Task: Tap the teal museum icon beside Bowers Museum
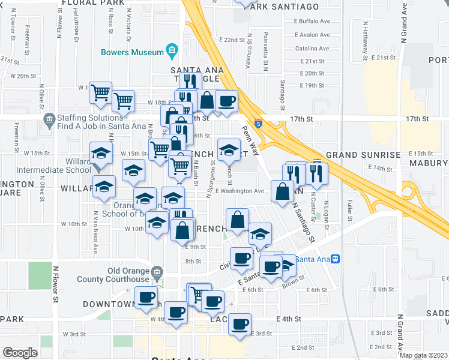(172, 49)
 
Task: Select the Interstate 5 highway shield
(258, 124)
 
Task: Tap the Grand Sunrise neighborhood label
(363, 155)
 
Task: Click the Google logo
(20, 353)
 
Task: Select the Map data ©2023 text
(423, 355)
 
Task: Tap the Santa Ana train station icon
(336, 259)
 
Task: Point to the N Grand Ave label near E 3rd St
(399, 333)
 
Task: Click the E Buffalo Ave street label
(312, 20)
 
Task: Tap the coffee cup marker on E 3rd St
(240, 325)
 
